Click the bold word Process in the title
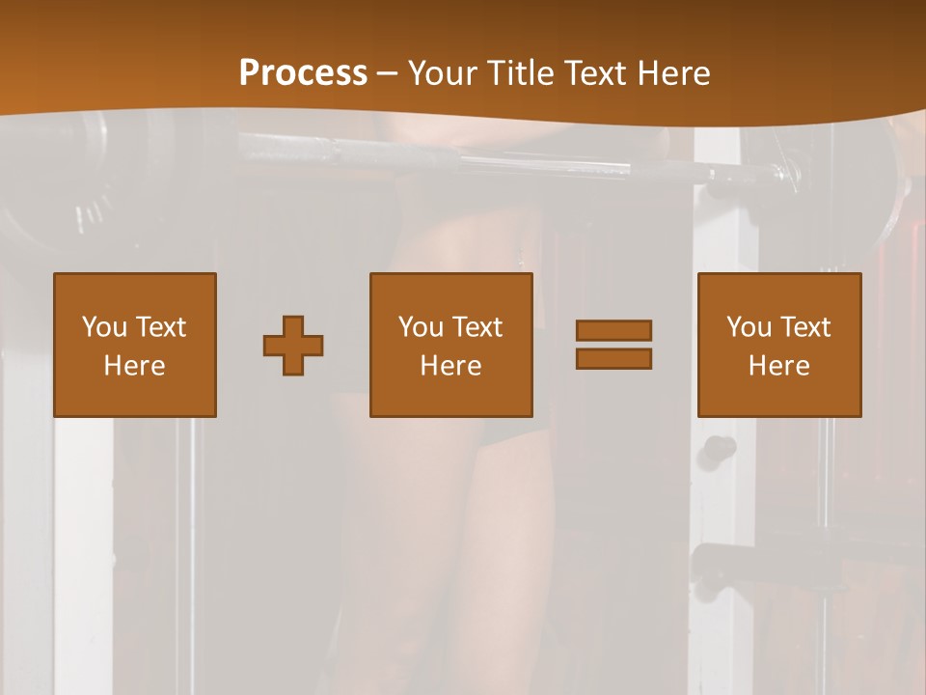(303, 72)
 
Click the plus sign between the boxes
(293, 346)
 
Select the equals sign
(613, 345)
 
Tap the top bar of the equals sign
(613, 331)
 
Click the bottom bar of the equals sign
(613, 358)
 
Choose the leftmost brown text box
(135, 345)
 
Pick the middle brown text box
(451, 345)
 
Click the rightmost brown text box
(779, 345)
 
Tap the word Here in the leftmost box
(135, 366)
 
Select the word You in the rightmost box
(749, 327)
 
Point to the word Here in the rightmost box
(779, 366)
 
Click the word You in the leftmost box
(105, 327)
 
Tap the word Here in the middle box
(451, 366)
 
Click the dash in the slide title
(388, 74)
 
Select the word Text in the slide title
(593, 73)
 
